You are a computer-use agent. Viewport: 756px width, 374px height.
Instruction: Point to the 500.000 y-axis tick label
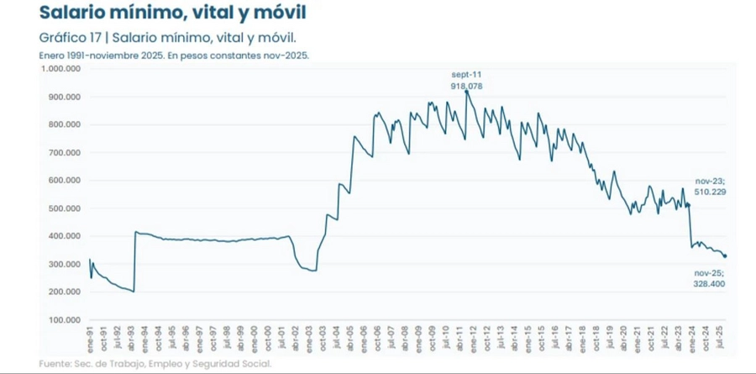[63, 208]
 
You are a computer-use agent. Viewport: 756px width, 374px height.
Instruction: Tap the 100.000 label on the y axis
[63, 320]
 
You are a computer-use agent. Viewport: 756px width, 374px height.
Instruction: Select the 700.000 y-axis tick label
[63, 153]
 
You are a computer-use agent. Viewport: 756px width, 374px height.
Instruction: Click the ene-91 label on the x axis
[90, 340]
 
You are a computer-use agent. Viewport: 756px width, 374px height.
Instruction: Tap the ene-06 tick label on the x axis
[365, 340]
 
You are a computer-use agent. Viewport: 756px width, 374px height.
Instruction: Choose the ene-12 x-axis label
[475, 340]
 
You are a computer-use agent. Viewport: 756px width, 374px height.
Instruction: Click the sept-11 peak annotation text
[467, 75]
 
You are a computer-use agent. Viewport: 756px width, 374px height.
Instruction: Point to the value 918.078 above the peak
[467, 86]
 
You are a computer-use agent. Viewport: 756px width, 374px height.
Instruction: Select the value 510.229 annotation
[711, 192]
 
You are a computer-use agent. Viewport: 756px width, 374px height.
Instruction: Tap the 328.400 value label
[711, 284]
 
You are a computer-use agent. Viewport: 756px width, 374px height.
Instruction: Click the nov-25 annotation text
[709, 273]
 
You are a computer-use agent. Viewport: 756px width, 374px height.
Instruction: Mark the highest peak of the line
[466, 92]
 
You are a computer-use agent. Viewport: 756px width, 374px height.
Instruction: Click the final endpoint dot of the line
[726, 256]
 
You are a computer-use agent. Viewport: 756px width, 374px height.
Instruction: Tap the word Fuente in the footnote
[55, 364]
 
